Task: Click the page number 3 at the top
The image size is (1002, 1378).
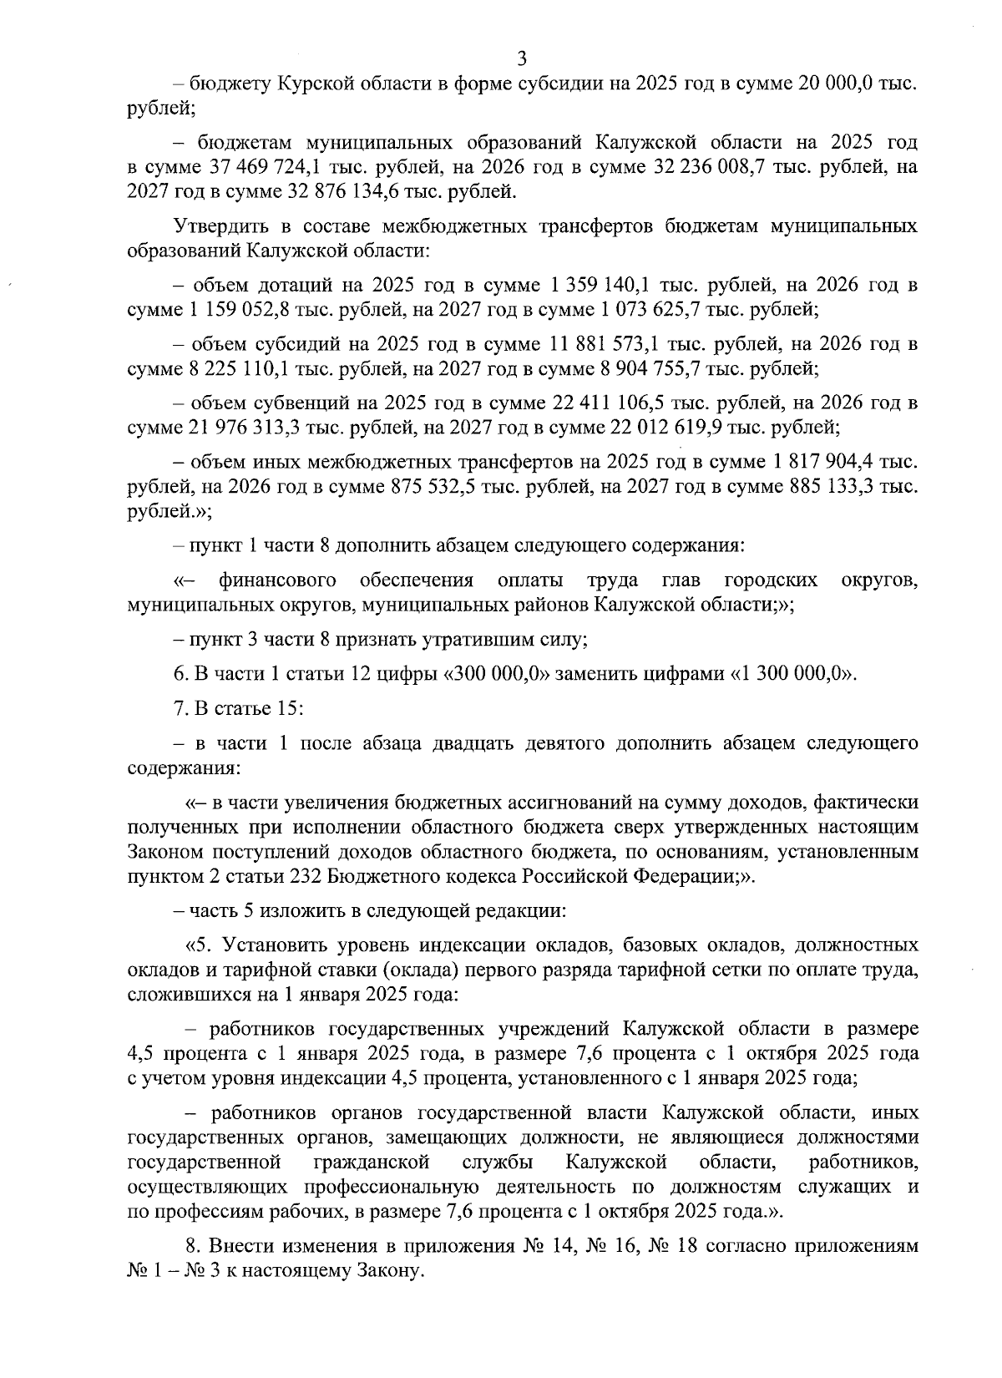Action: (x=522, y=58)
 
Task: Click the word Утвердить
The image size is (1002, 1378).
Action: (x=215, y=226)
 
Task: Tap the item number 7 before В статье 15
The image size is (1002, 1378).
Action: (x=178, y=709)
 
